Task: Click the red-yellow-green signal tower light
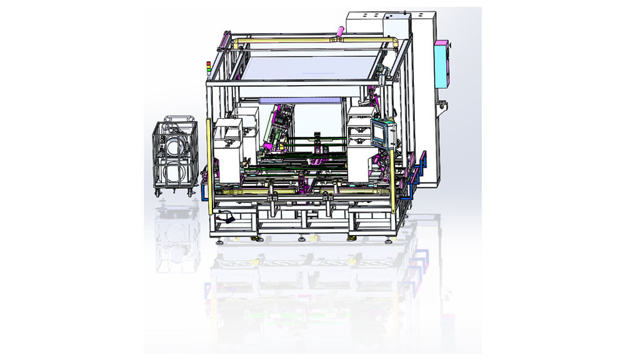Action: coord(209,65)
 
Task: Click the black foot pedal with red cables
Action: coord(226,219)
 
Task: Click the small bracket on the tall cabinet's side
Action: coord(444,103)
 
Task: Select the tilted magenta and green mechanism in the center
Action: coord(278,128)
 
